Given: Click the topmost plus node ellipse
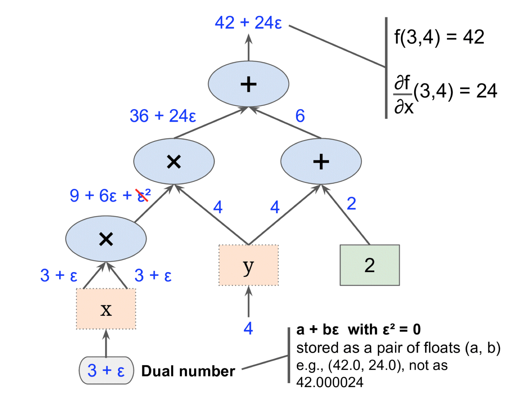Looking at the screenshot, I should click(248, 84).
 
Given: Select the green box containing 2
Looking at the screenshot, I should click(369, 265).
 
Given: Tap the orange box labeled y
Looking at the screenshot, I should click(248, 265).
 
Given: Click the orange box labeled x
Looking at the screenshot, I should click(106, 309).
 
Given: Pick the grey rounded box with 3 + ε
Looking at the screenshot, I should click(106, 370).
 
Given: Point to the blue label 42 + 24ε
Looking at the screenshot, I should click(248, 23).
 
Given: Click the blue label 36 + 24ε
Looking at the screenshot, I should click(163, 116).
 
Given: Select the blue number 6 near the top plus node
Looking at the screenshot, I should click(300, 116).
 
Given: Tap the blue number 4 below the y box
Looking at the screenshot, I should click(248, 328).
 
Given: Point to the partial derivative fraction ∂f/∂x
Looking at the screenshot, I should click(403, 94).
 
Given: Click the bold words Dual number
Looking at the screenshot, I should click(188, 371).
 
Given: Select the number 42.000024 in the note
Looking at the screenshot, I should click(330, 382).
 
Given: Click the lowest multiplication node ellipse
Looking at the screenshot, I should click(106, 239).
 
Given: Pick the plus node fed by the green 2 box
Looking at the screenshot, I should click(321, 161).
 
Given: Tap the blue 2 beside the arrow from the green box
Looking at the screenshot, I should click(351, 204).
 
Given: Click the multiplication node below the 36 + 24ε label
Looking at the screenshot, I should click(174, 161).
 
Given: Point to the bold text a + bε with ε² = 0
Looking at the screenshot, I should click(358, 330).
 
